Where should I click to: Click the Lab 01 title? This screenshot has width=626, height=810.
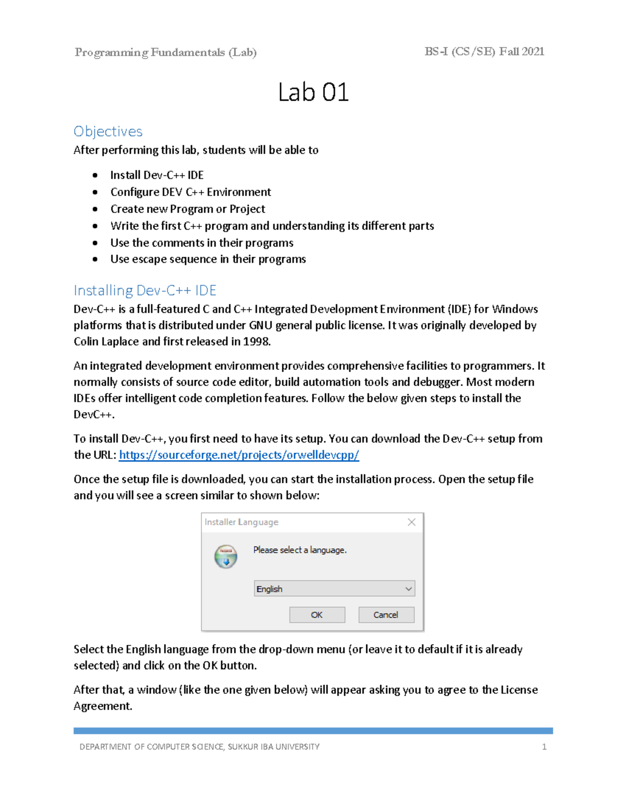click(x=313, y=93)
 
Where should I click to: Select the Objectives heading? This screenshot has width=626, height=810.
click(x=108, y=131)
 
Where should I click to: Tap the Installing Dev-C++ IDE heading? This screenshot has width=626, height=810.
click(x=145, y=290)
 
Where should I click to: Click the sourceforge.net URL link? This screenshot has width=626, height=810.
click(x=239, y=455)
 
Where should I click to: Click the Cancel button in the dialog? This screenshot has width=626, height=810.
click(x=386, y=615)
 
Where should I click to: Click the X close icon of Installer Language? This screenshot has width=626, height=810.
click(x=412, y=522)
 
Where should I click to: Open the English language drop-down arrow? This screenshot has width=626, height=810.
click(x=408, y=589)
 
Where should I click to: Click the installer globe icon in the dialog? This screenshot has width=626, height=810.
click(x=226, y=557)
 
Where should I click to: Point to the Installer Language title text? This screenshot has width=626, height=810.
click(x=241, y=522)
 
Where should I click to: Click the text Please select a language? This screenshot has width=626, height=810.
click(x=300, y=550)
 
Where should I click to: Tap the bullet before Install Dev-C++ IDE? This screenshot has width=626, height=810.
click(x=95, y=176)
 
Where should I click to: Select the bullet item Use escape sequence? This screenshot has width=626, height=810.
click(x=208, y=259)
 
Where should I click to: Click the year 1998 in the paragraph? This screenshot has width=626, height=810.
click(x=257, y=342)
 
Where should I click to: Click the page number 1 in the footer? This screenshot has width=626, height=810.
click(x=544, y=747)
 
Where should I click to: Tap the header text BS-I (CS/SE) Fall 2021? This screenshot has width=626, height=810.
click(x=484, y=52)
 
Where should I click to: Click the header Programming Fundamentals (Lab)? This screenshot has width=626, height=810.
click(x=165, y=52)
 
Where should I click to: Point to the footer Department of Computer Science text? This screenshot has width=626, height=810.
click(x=199, y=747)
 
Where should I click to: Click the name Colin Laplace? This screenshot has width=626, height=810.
click(x=106, y=342)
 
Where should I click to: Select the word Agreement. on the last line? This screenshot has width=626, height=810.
click(x=103, y=706)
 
